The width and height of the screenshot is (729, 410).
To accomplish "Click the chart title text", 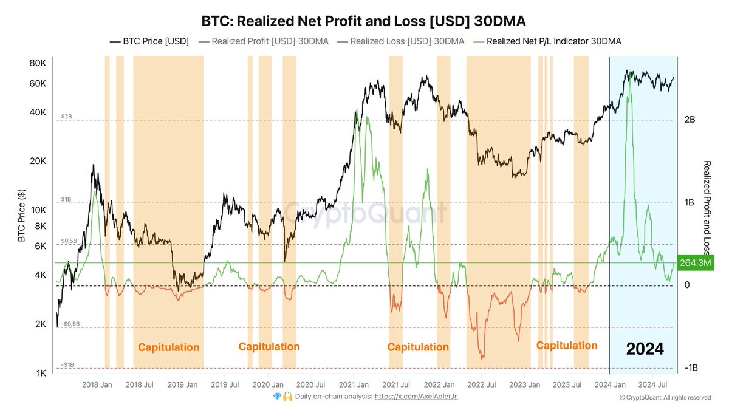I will [x=363, y=21].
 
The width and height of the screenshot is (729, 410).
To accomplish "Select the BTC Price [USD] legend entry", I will [x=149, y=41].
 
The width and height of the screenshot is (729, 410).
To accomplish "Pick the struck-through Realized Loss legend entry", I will [x=402, y=41].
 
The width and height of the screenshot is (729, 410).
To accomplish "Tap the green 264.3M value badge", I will [x=696, y=263].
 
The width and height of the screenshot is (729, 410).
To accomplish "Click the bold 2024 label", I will [x=645, y=349].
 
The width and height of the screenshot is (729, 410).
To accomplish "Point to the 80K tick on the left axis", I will [x=38, y=63].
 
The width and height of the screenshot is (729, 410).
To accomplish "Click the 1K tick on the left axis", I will [x=39, y=373].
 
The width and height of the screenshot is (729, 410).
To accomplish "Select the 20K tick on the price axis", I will [x=38, y=162].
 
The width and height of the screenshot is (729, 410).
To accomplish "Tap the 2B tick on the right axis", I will [x=689, y=120].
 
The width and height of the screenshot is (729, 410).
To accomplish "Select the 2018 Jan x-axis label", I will [x=97, y=384].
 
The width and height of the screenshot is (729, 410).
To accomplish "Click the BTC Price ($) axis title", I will [x=22, y=216].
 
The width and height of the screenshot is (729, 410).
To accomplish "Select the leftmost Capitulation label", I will [x=168, y=347].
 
